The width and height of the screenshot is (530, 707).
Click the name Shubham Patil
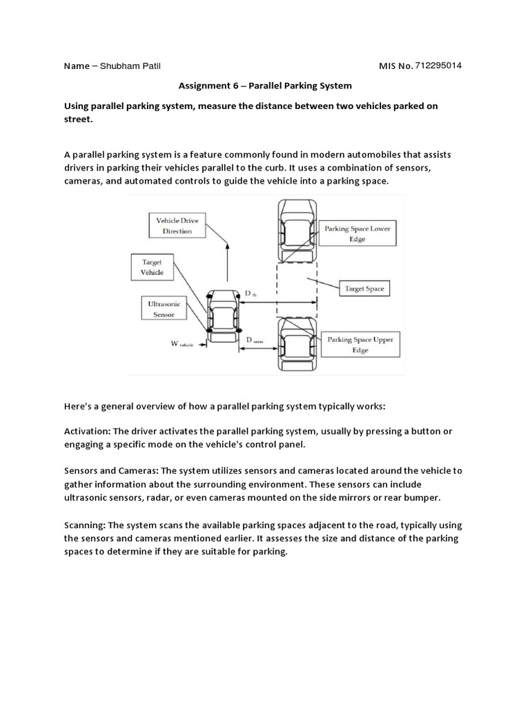pos(129,66)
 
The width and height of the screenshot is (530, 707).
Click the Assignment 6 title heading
pos(265,86)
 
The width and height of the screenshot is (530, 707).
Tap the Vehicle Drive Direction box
pos(177,226)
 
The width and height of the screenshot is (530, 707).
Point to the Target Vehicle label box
pos(153,267)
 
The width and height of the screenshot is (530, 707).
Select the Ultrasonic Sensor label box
pos(161,309)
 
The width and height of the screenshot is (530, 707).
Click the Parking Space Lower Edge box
pos(357,233)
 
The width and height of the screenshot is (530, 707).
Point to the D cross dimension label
pos(254,340)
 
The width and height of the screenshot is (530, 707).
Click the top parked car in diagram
pos(297,231)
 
